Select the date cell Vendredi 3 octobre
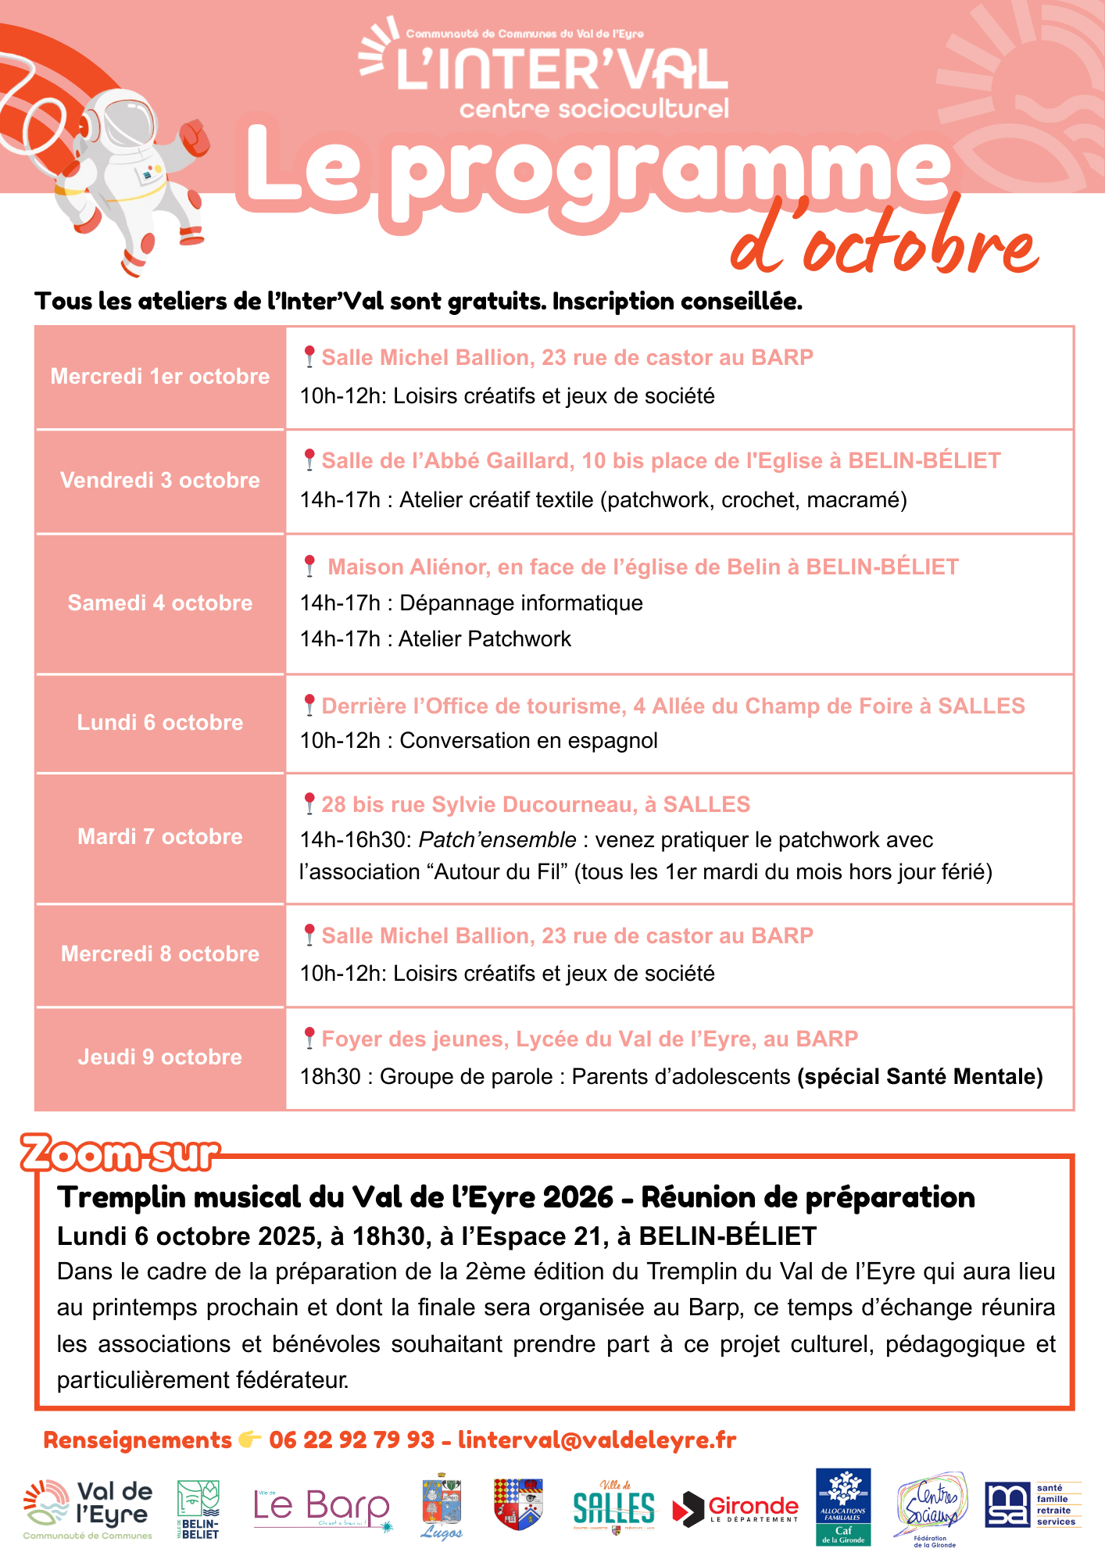click(160, 481)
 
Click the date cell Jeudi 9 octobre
click(160, 1057)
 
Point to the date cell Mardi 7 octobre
click(160, 837)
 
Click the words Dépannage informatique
click(521, 603)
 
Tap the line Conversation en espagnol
click(528, 741)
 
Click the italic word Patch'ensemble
click(497, 840)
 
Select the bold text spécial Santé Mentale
click(920, 1077)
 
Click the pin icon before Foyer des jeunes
click(309, 1038)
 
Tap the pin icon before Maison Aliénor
click(309, 565)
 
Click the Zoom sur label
click(120, 1154)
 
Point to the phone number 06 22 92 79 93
click(352, 1440)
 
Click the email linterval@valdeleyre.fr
click(597, 1440)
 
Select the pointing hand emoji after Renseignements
click(250, 1440)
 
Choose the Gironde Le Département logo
click(736, 1508)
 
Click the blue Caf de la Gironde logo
click(843, 1506)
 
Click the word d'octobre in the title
click(883, 242)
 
